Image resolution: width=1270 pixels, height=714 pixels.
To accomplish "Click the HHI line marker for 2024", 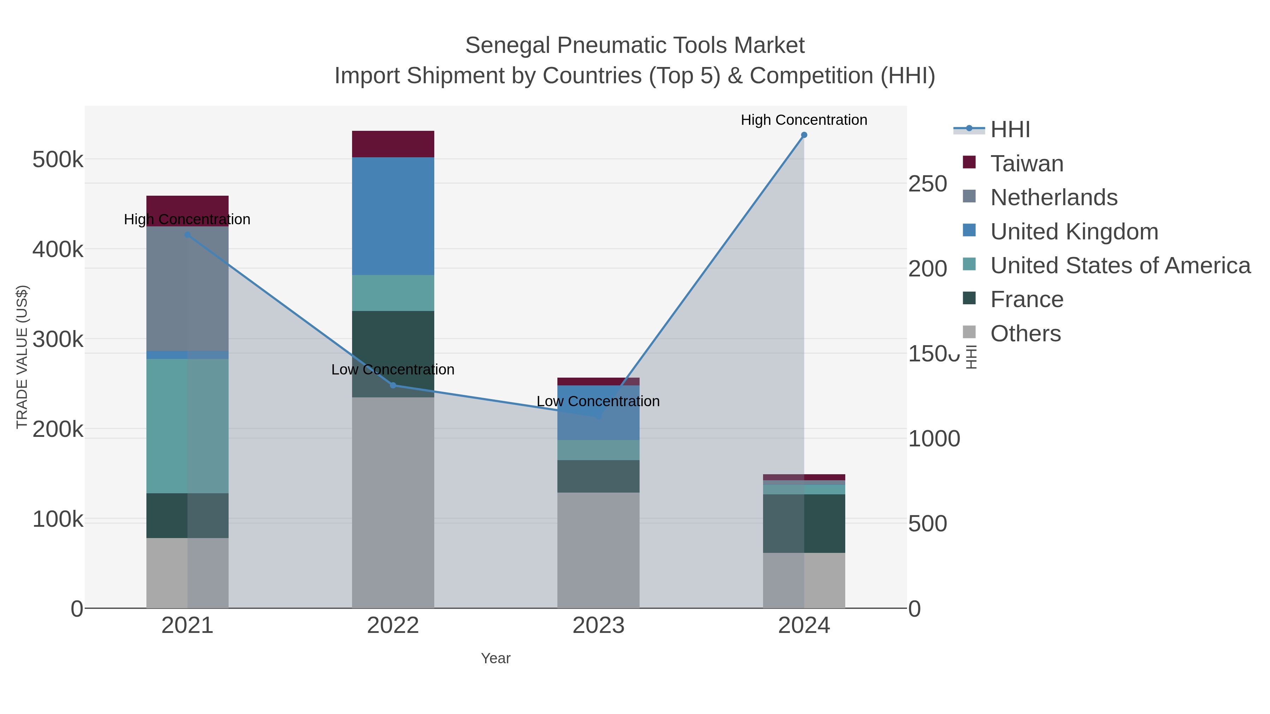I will [804, 135].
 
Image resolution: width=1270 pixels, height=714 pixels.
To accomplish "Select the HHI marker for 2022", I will [393, 385].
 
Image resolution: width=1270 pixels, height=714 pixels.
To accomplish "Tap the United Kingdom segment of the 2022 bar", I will [393, 216].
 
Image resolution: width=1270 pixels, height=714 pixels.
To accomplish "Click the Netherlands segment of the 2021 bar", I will [187, 288].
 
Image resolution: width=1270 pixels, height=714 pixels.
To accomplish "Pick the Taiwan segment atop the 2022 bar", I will [393, 144].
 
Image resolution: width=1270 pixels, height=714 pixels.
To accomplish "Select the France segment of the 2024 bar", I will [804, 523].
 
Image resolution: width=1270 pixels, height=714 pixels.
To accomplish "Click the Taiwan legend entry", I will [1027, 164].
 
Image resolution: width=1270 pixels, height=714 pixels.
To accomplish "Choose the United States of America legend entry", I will [1119, 266].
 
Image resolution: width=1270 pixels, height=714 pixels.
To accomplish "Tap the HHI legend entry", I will [1010, 130].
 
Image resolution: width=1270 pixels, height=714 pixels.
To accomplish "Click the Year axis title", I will [496, 658].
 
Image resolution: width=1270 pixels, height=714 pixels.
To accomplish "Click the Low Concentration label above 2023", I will [598, 401].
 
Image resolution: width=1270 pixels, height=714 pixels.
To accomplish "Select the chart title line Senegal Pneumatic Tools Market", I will [635, 45].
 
